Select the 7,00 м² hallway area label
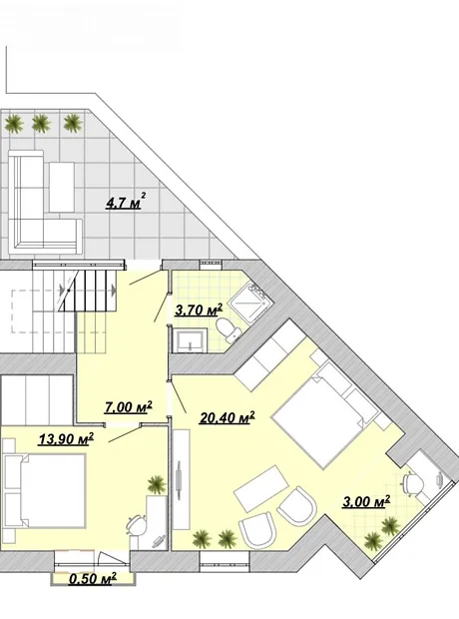pos(129,406)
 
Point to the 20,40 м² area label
pos(227,417)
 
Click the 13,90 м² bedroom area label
pos(66,438)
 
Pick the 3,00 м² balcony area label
pos(366,501)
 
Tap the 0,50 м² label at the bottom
pos(93,579)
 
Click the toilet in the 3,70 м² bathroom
pos(229,330)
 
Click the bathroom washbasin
pos(191,340)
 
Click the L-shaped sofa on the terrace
pos(44,202)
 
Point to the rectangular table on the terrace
pos(62,188)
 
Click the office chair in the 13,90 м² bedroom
pos(136,525)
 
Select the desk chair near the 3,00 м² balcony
pos(412,483)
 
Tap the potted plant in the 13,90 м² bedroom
pos(157,483)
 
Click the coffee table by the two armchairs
pos(261,488)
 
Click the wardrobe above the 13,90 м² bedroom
pos(37,398)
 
